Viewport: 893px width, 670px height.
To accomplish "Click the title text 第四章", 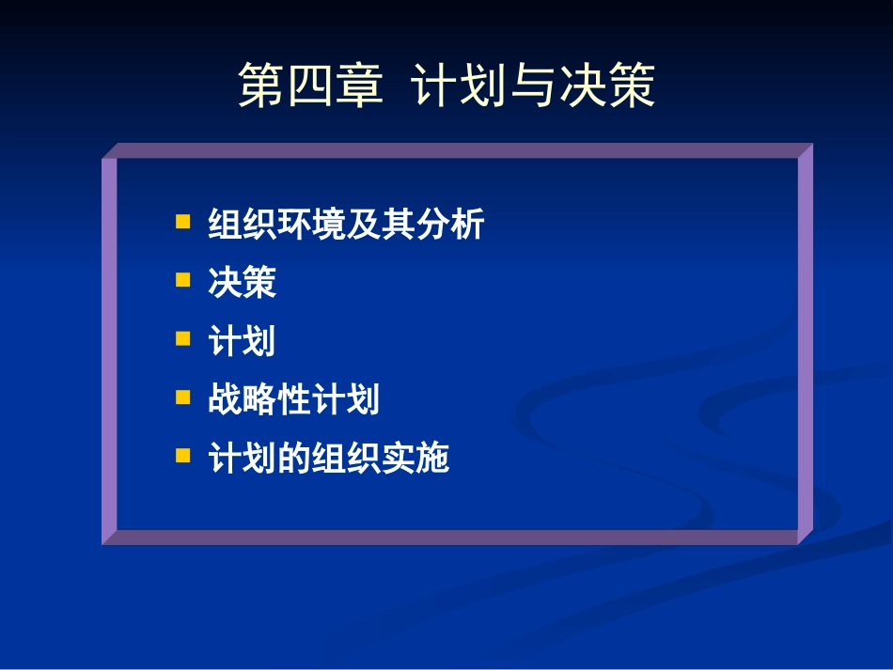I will (x=310, y=86).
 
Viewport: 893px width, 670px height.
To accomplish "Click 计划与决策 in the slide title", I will (x=533, y=86).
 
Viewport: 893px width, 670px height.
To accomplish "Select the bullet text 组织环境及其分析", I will (x=346, y=225).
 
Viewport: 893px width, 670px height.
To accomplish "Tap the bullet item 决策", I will (x=243, y=283).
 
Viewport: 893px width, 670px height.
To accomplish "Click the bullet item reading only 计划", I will (x=243, y=341).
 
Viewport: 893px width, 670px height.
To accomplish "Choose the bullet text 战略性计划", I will (x=293, y=399).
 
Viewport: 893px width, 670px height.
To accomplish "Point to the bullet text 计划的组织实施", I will (x=328, y=458).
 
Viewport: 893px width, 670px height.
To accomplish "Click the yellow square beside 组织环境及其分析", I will (x=183, y=222).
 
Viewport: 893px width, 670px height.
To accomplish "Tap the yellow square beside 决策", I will (x=183, y=280).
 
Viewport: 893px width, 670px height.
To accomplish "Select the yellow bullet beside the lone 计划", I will (x=183, y=338).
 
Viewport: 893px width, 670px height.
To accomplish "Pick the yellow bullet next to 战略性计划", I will (x=183, y=397).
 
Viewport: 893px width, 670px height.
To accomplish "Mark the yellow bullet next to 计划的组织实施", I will (x=183, y=455).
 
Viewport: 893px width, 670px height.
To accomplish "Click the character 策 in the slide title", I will (x=631, y=86).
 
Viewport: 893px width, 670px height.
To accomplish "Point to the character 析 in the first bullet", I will (x=467, y=225).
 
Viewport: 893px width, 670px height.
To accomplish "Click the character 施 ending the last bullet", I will (x=432, y=458).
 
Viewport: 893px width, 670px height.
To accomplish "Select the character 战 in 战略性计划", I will (x=226, y=399).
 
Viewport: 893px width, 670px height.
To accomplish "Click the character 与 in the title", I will (x=533, y=86).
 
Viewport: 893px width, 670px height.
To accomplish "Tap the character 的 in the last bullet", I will (x=294, y=458).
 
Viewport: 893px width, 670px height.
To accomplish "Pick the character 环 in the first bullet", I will (x=294, y=225).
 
